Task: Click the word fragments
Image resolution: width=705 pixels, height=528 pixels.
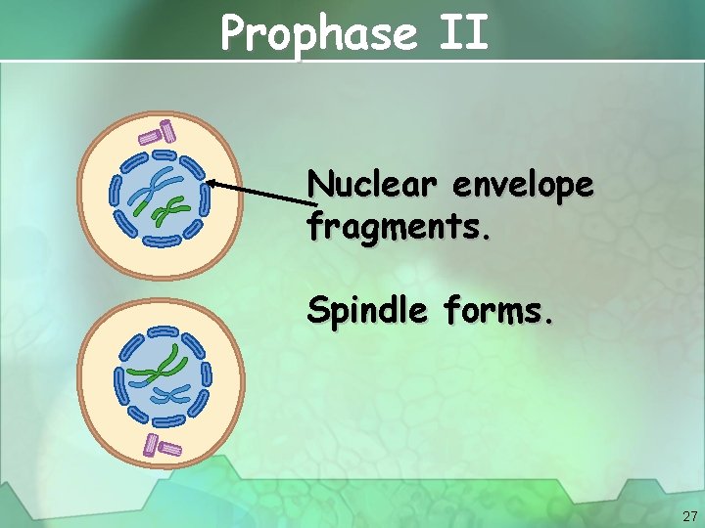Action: pos(395,227)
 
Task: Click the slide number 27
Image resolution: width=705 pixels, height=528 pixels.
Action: pos(687,515)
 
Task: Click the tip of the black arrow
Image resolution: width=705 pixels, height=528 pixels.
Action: pos(209,182)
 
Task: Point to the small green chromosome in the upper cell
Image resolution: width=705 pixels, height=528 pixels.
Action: pos(174,208)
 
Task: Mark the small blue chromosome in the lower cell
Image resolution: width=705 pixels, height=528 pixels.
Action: pos(172,394)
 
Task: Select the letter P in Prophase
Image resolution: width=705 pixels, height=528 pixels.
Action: pos(235,33)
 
